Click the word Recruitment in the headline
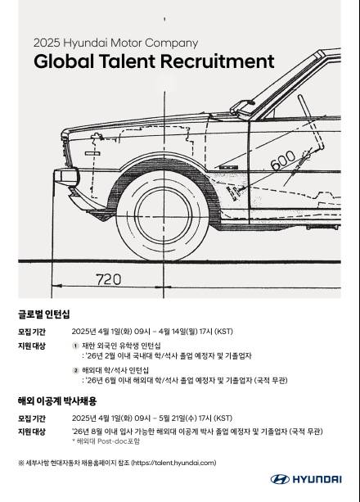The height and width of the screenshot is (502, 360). pyautogui.click(x=217, y=61)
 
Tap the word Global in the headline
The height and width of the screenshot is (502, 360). pyautogui.click(x=64, y=61)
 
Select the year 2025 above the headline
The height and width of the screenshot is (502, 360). pyautogui.click(x=47, y=43)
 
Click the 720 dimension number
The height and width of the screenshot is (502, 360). pyautogui.click(x=109, y=279)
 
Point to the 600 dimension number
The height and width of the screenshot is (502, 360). pyautogui.click(x=283, y=159)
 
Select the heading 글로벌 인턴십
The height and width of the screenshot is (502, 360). pyautogui.click(x=43, y=314)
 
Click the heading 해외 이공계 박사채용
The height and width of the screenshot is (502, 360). pyautogui.click(x=57, y=400)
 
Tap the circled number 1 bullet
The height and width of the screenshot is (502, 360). pyautogui.click(x=75, y=346)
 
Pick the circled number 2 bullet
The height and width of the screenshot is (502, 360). pyautogui.click(x=75, y=370)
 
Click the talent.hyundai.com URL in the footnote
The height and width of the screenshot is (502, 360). pyautogui.click(x=174, y=463)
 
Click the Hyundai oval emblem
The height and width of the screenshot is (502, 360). pyautogui.click(x=280, y=479)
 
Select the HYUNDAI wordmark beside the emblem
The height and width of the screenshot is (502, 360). pyautogui.click(x=317, y=479)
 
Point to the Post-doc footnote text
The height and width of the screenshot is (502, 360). pyautogui.click(x=106, y=441)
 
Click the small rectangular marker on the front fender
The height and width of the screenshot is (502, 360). pyautogui.click(x=92, y=153)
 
